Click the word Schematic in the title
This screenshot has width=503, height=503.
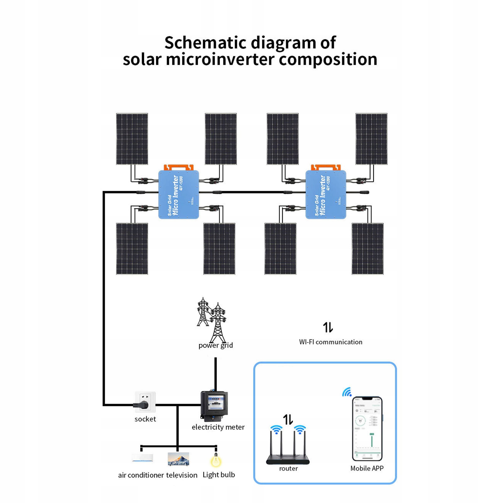(205, 43)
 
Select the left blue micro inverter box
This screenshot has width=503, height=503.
(178, 194)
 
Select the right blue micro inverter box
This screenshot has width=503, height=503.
(326, 194)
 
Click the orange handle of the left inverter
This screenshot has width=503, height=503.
(178, 167)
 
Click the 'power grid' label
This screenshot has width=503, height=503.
(216, 345)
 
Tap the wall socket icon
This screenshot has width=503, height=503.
(145, 402)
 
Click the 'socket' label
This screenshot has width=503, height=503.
(145, 419)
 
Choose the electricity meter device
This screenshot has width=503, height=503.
(214, 405)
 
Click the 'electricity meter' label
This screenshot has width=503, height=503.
(218, 427)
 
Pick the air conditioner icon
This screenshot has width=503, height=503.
(143, 458)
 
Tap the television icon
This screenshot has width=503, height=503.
(178, 459)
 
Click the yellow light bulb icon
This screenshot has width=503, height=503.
(216, 461)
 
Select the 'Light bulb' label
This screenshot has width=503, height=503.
(219, 475)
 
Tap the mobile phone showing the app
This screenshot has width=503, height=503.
(367, 429)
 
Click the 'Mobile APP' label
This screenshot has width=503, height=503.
(367, 468)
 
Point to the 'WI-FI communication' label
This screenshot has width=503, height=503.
(331, 342)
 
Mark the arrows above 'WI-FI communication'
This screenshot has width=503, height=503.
(328, 327)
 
